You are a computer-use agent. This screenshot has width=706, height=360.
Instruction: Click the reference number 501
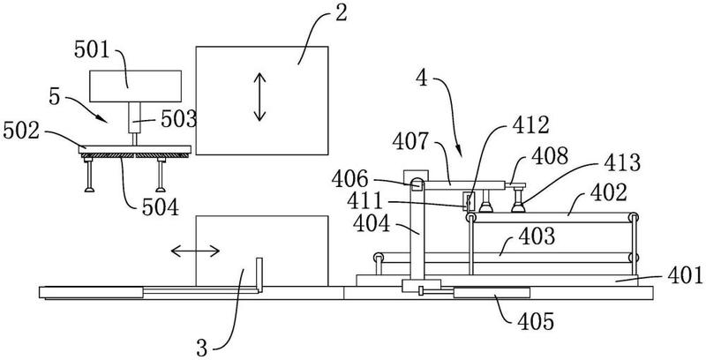pos(93,50)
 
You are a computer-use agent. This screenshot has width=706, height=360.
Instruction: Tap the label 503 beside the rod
pos(180,120)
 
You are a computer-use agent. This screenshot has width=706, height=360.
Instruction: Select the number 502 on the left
pos(20,131)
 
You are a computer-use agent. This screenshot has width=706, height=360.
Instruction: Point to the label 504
pos(161,207)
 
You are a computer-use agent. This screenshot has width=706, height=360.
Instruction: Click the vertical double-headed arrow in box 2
pos(259,97)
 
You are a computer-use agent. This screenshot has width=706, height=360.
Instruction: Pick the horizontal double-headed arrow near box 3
pos(195,251)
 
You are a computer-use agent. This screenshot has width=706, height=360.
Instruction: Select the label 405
pos(536,322)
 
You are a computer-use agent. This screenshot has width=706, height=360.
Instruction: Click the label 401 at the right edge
pos(685,275)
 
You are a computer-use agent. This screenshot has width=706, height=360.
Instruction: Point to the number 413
pos(622,163)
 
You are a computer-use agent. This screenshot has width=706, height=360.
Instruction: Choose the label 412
pos(531,126)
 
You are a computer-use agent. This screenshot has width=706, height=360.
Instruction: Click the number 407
pos(410,142)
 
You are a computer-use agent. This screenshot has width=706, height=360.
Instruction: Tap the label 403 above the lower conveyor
pos(537,236)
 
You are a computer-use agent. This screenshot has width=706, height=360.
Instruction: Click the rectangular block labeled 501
pos(136,86)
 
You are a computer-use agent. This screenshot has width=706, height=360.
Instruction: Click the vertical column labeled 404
pos(417,232)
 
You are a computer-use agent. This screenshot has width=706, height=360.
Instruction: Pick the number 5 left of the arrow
pos(54,97)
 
